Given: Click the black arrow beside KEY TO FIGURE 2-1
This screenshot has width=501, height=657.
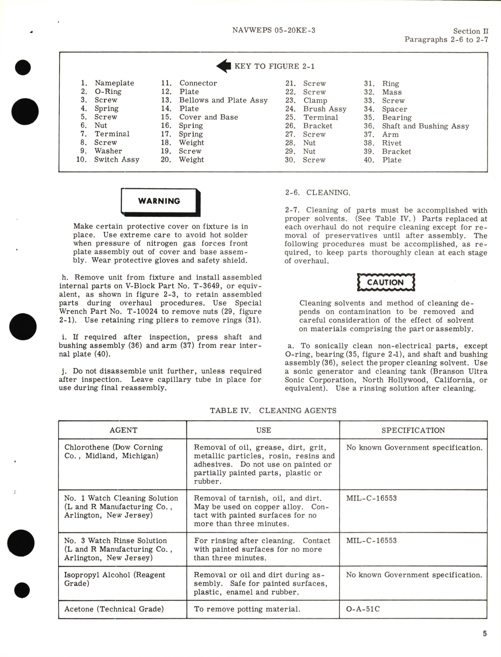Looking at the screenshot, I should (223, 66).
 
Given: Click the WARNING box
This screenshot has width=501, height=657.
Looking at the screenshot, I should (159, 201).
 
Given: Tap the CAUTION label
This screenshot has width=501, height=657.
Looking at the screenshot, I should (385, 283).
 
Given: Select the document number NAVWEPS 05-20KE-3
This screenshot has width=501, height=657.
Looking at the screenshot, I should (274, 30).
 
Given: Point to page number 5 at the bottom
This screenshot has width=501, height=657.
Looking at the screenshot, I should (485, 633).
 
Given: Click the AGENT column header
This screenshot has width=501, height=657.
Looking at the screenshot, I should (123, 430).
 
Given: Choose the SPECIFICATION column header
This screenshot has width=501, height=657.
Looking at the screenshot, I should (413, 430).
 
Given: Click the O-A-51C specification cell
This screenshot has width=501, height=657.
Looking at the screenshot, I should (363, 609).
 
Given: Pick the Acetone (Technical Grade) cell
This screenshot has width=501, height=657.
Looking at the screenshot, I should (114, 609).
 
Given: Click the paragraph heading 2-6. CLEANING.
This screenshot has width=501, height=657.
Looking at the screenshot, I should (317, 193).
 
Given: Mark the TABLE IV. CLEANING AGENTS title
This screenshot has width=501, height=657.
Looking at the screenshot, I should (273, 410).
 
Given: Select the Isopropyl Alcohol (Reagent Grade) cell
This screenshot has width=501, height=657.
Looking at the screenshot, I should (115, 579).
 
